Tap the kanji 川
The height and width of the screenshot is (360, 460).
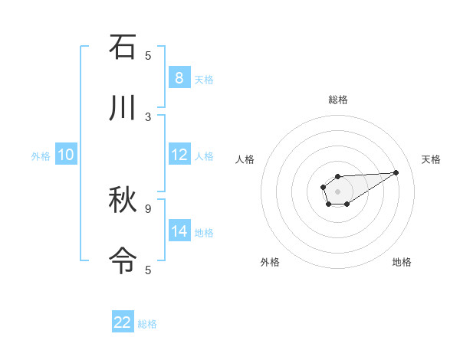point(123,108)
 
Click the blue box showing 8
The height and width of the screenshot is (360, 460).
point(179,78)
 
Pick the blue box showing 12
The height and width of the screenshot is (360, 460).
point(179,155)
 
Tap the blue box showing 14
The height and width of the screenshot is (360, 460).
point(179,231)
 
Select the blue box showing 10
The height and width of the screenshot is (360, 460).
point(65,155)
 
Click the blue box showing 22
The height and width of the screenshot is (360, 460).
point(123,322)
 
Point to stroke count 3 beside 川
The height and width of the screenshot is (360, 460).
point(148,116)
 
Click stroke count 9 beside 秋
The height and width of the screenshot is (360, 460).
point(148,208)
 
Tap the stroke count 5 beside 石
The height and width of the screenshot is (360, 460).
point(148,55)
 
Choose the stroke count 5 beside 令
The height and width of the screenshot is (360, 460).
point(148,270)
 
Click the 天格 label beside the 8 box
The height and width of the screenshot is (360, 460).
point(204,79)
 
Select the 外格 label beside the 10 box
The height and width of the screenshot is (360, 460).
point(41,155)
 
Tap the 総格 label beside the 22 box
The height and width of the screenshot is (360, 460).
point(147,323)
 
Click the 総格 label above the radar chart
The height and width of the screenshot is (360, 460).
point(337,100)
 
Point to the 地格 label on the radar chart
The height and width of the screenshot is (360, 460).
point(402,262)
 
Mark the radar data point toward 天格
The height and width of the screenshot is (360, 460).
point(396,172)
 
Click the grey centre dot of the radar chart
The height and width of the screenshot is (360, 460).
point(337,191)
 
